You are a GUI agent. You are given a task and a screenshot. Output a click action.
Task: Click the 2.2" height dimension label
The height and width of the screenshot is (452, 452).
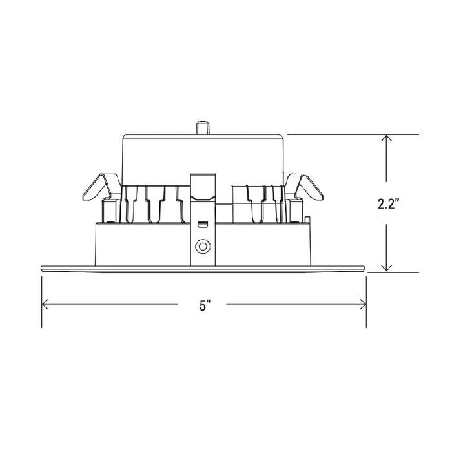[x=388, y=204]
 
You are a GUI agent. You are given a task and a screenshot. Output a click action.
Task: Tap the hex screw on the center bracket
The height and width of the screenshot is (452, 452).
[x=202, y=247]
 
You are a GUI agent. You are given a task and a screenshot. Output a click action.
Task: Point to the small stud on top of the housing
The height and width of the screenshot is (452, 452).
[x=203, y=128]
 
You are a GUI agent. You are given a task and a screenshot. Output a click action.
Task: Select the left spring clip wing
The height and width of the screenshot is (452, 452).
[x=99, y=187]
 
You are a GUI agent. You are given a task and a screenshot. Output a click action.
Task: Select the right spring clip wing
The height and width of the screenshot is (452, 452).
[x=306, y=187]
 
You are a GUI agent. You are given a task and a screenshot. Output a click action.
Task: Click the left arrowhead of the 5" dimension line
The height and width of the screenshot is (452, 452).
[x=45, y=305]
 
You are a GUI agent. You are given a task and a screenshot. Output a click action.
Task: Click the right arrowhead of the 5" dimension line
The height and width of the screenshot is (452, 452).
[x=363, y=305]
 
